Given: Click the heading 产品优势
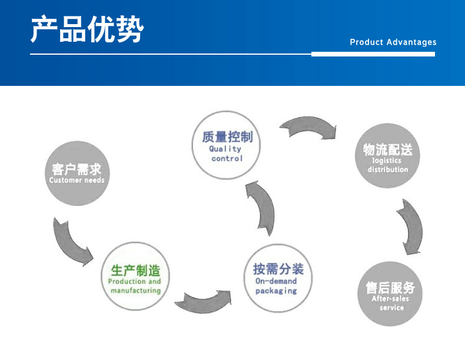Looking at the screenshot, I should click(87, 29).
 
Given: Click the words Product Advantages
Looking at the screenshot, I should click(393, 42).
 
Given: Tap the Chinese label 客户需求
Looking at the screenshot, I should click(76, 169).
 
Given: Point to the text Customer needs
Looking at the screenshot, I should click(77, 181).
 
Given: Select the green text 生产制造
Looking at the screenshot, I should click(135, 271).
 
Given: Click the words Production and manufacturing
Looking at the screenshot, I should click(135, 286).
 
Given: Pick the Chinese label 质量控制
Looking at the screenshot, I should click(227, 136).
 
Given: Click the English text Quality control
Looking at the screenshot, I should click(227, 154).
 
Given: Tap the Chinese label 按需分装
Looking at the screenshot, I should click(278, 269).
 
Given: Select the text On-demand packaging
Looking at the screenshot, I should click(276, 286).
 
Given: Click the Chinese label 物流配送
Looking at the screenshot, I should click(387, 149).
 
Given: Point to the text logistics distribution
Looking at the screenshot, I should click(387, 165).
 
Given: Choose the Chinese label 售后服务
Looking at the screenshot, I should click(390, 288).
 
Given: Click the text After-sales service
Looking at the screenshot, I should click(390, 303).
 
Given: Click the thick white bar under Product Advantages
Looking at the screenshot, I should click(373, 54).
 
